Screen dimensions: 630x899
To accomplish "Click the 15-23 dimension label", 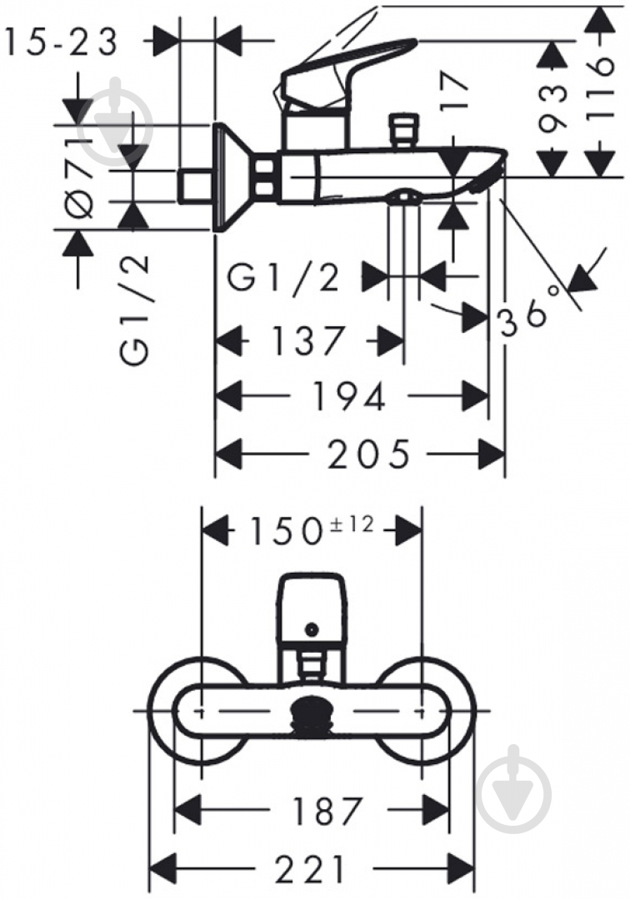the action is (61, 42).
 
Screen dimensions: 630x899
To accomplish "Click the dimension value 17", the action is (456, 89).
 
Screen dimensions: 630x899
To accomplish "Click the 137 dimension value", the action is (308, 340).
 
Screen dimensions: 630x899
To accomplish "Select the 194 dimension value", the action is (348, 396).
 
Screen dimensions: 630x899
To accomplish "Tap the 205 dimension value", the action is (369, 454).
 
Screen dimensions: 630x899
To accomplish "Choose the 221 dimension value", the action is (310, 868).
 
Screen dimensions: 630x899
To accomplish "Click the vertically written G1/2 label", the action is (135, 310).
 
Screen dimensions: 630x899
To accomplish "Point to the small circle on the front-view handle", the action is (312, 629).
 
